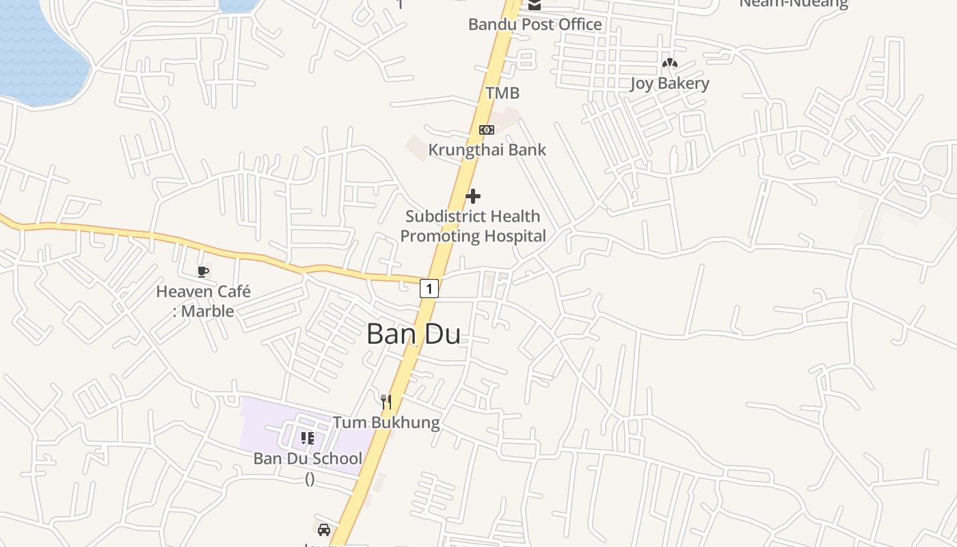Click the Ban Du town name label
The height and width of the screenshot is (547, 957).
click(413, 334)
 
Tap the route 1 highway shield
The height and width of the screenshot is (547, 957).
click(429, 289)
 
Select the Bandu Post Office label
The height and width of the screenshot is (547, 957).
click(535, 25)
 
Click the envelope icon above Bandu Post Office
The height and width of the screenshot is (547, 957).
click(535, 5)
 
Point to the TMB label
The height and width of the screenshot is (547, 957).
click(502, 93)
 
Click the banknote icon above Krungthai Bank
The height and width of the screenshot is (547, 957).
click(486, 129)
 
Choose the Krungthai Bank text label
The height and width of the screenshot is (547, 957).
click(487, 150)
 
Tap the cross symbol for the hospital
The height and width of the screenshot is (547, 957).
click(472, 197)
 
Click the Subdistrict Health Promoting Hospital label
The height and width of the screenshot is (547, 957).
click(473, 226)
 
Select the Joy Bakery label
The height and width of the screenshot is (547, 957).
click(669, 84)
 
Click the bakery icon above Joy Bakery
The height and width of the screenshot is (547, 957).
click(669, 64)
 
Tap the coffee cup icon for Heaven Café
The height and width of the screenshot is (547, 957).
click(203, 271)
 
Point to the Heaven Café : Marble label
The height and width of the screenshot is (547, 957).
click(203, 301)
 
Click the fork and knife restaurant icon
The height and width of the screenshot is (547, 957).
click(386, 401)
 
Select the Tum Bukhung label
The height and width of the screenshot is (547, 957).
click(386, 423)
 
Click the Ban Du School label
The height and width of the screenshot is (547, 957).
click(308, 459)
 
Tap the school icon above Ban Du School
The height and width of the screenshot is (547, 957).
click(308, 438)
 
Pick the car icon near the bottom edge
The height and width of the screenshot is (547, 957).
click(324, 529)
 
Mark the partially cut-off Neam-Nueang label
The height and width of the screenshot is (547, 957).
click(793, 4)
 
